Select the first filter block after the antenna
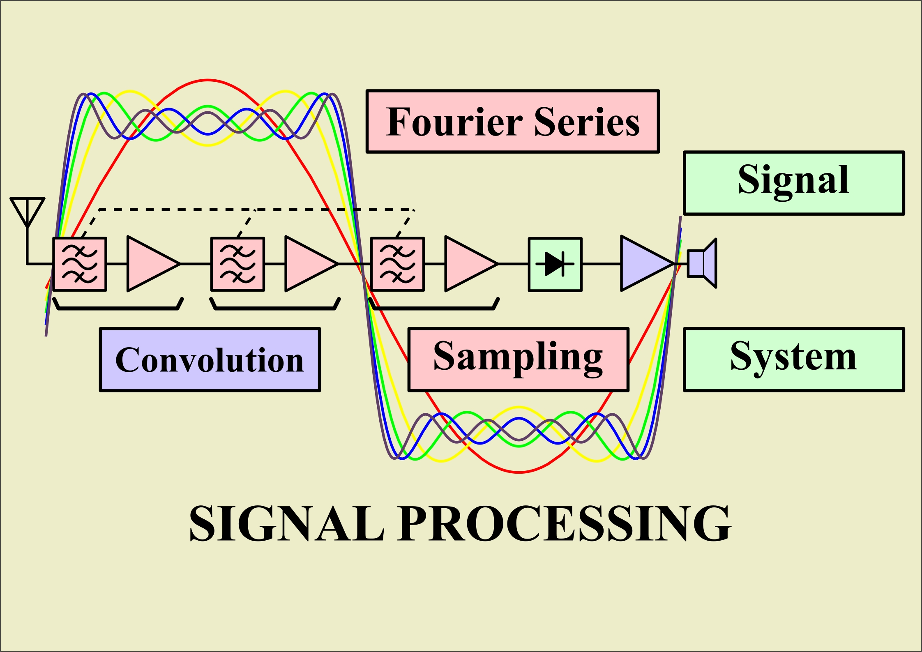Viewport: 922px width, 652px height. pos(80,264)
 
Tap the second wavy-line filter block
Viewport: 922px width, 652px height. pos(237,264)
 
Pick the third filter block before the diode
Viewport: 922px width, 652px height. pos(397,264)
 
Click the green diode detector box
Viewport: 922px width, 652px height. pos(555,264)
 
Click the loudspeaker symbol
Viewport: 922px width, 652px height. pos(702,263)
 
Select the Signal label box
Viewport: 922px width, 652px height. pos(794,183)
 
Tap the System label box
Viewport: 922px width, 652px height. pos(794,360)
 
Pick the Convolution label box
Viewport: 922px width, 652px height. pos(210,360)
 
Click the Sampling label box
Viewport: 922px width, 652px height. pos(519,360)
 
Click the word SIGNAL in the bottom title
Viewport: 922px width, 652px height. pos(287,524)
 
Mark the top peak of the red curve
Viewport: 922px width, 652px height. pos(208,80)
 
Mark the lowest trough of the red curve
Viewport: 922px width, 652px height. pos(519,472)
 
